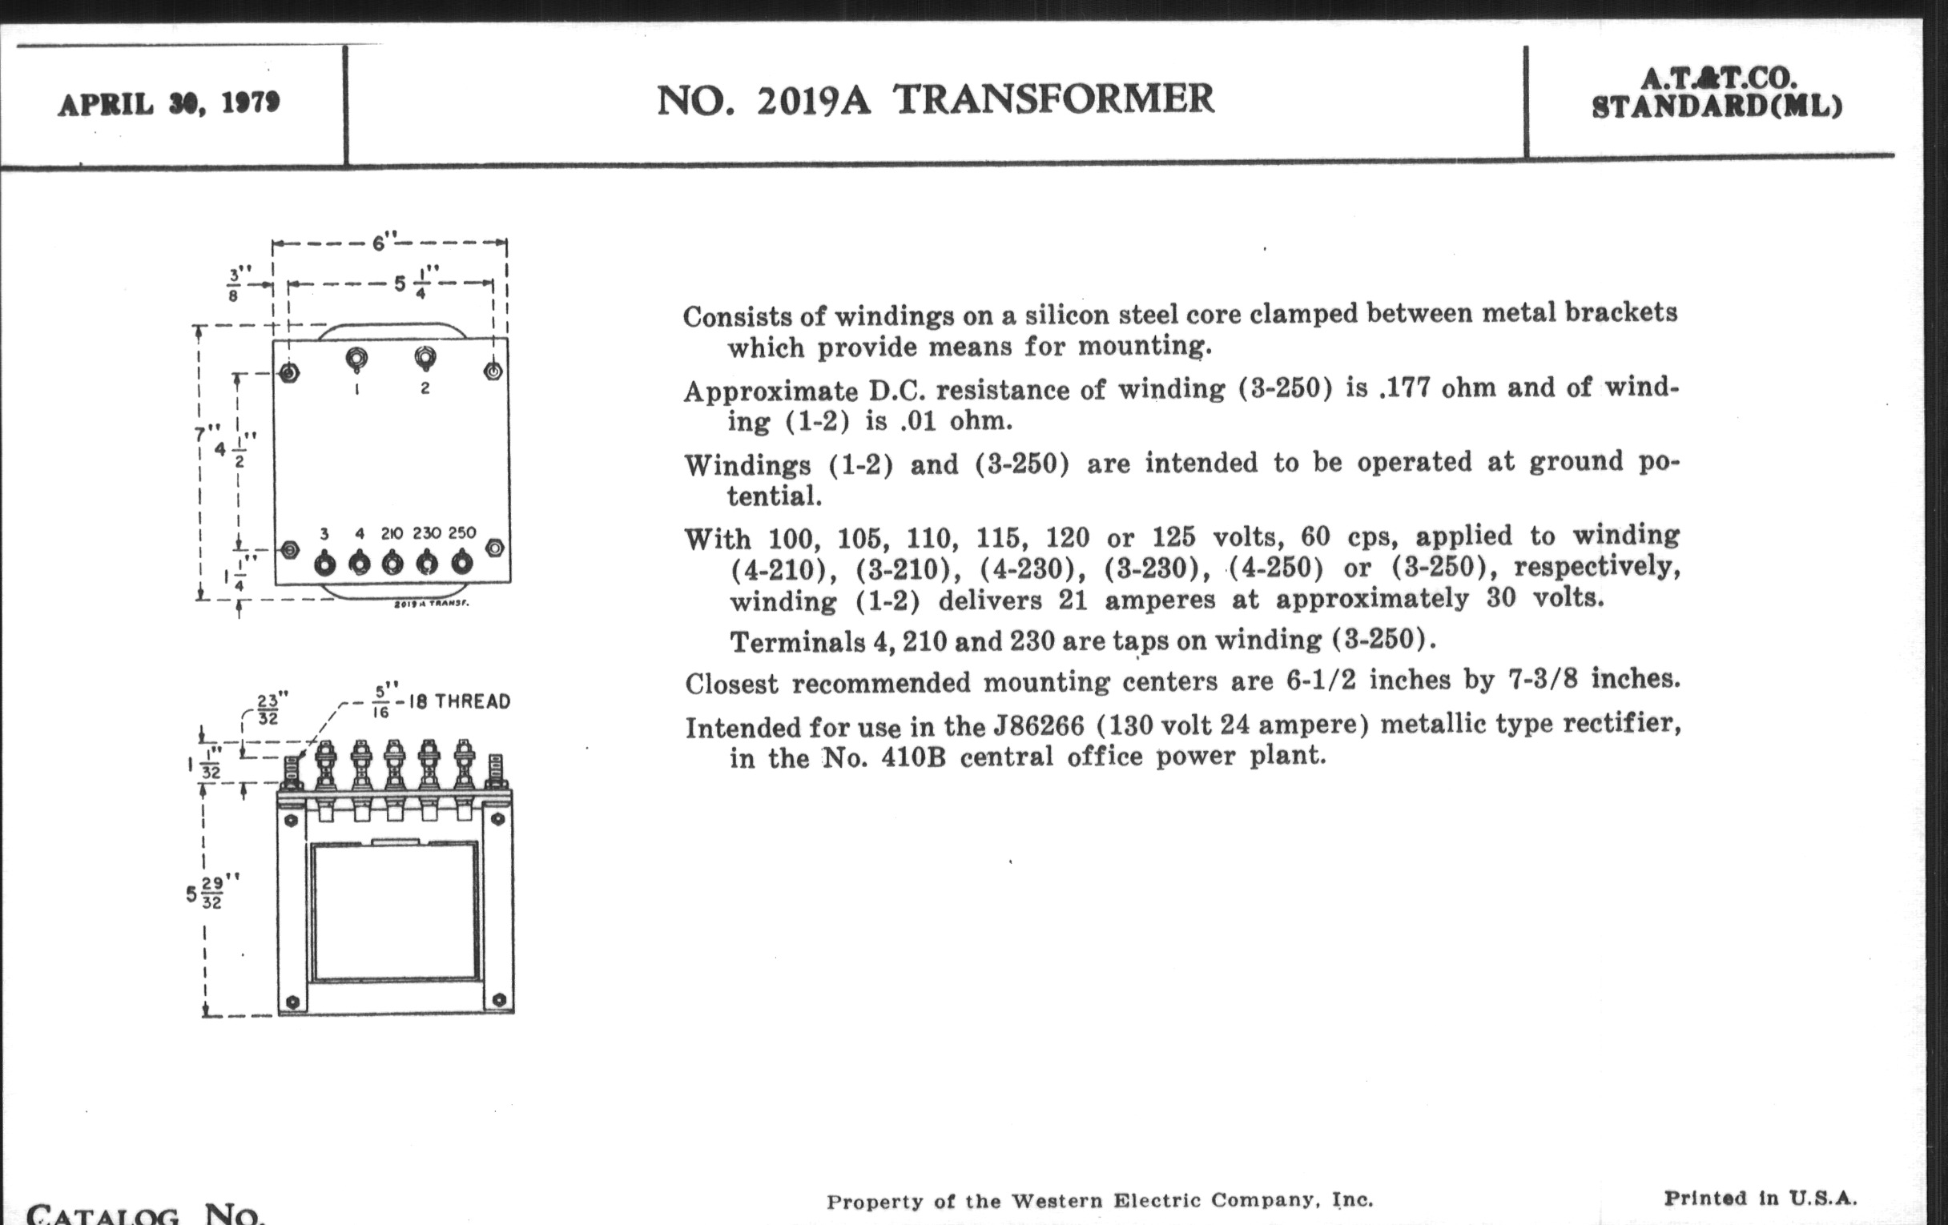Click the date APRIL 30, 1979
point(168,104)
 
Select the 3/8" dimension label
point(235,283)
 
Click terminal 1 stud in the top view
point(356,359)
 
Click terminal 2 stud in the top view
point(425,356)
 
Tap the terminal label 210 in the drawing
point(392,534)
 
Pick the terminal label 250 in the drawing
point(462,533)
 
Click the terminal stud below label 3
point(324,564)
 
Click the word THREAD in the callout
point(473,702)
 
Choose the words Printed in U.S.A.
point(1760,1198)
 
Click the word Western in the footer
point(1057,1201)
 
